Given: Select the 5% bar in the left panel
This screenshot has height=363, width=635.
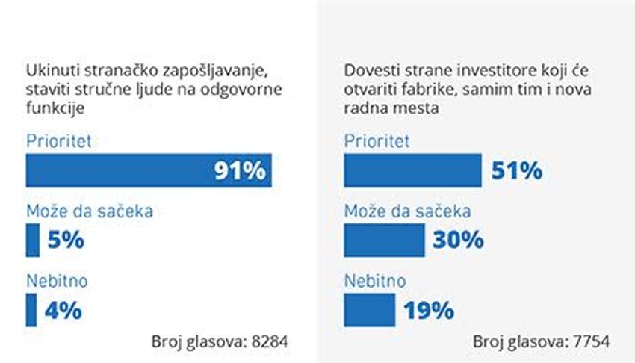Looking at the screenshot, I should (32, 240).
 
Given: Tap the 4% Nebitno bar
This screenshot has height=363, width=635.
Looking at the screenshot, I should (31, 309).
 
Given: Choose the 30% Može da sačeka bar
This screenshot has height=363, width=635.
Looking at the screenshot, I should (384, 240).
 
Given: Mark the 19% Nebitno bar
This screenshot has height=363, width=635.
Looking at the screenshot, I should (369, 309).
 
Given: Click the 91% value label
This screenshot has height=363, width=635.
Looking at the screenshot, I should (240, 171).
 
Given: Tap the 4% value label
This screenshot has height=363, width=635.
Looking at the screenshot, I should (63, 310).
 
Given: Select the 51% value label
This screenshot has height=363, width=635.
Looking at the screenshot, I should (516, 171).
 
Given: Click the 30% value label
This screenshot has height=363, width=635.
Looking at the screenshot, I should (458, 241).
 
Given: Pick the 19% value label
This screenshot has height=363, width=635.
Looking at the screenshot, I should (428, 310).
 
